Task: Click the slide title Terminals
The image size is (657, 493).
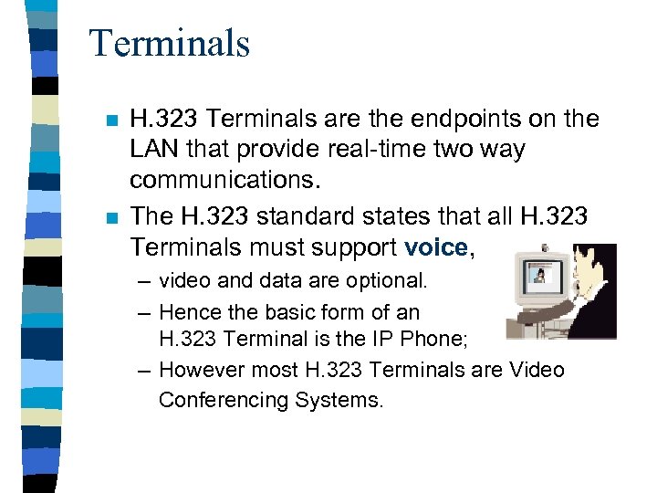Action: pyautogui.click(x=170, y=43)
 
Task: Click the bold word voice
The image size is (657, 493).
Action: pyautogui.click(x=434, y=246)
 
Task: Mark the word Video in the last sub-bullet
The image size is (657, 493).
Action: pyautogui.click(x=537, y=370)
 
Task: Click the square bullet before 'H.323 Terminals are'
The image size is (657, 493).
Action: pyautogui.click(x=110, y=121)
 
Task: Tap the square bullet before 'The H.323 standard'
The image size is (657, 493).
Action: pyautogui.click(x=110, y=217)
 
